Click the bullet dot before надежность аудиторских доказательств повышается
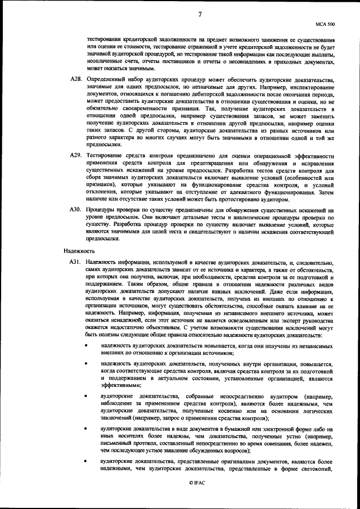(x=86, y=345)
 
